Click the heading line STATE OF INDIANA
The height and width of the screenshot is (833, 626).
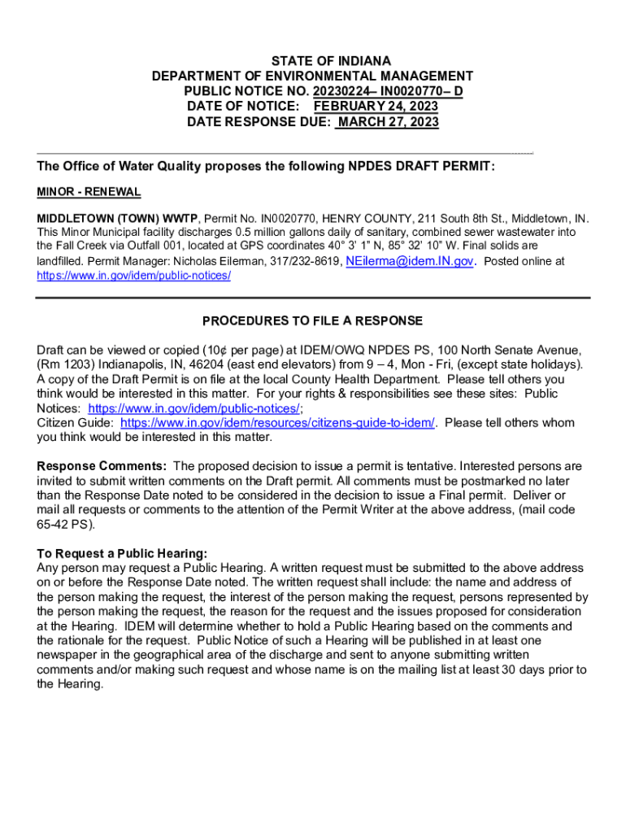tap(331, 61)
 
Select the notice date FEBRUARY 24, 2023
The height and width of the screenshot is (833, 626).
tap(376, 107)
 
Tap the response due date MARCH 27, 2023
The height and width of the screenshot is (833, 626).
tap(388, 122)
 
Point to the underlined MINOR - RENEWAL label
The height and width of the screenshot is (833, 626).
tap(89, 192)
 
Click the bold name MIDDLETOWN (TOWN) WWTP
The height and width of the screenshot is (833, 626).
tap(118, 219)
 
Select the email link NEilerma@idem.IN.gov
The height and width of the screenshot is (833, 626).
tap(409, 261)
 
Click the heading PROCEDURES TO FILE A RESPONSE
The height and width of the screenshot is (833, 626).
tap(312, 321)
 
